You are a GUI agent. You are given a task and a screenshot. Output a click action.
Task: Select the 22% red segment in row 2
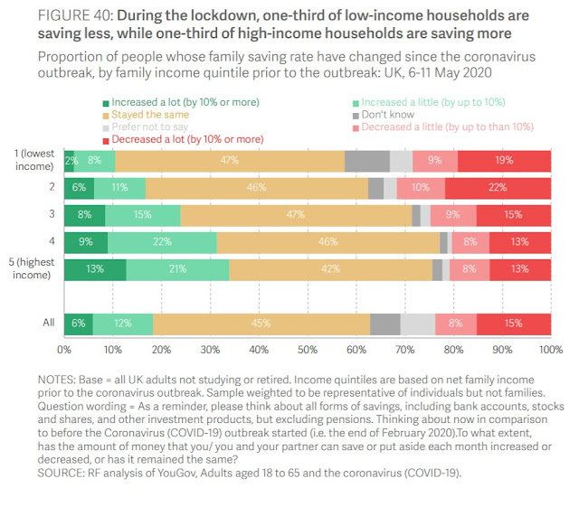[x=498, y=188]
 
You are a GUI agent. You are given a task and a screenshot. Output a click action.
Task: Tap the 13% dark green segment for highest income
[x=95, y=269]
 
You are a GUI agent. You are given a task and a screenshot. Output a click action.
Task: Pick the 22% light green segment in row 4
[x=162, y=242]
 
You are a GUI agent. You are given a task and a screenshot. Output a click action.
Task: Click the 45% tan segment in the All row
[x=261, y=323]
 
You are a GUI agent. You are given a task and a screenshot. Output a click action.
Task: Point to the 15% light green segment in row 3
[x=142, y=215]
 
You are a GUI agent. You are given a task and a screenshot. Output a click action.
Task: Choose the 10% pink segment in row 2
[x=421, y=188]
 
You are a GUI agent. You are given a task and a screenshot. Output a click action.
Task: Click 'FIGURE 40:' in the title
[x=70, y=16]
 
